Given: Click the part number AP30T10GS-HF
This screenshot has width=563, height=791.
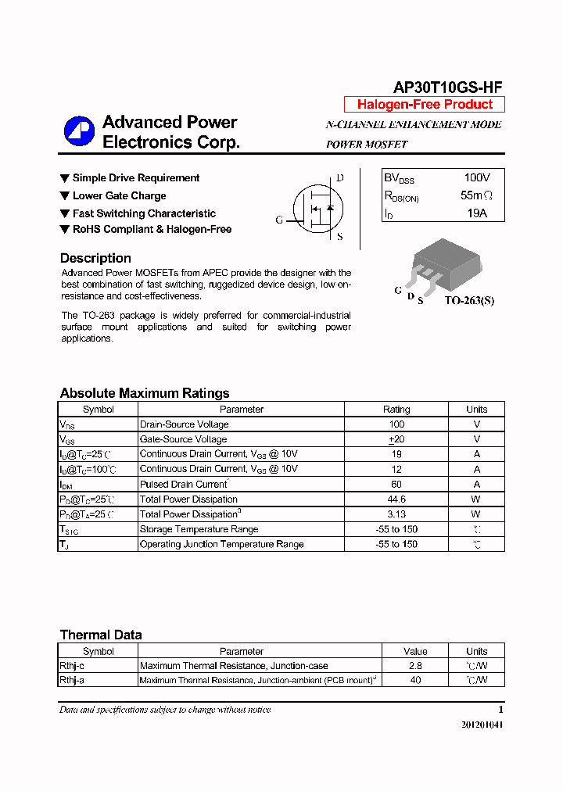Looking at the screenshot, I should click(447, 88).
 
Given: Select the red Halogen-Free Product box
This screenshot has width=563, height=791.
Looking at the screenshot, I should click(425, 105).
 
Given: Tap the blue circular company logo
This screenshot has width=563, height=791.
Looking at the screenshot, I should click(79, 131).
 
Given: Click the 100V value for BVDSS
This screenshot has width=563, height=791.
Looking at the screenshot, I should click(476, 178).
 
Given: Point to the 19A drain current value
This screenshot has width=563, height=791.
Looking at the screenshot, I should click(476, 213).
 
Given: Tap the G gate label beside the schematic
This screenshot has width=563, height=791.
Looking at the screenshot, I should click(279, 220).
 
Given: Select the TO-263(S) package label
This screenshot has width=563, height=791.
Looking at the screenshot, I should click(469, 300).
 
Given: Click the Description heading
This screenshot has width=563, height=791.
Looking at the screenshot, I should click(95, 258).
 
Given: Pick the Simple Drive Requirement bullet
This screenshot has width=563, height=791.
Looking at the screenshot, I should click(135, 178).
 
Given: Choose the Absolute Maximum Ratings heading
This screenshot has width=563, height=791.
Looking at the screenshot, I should click(145, 393).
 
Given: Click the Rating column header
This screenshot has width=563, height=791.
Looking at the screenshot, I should click(396, 409).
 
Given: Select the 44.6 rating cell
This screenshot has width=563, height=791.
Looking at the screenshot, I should click(396, 499).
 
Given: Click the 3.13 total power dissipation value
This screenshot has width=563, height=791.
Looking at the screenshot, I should click(396, 514).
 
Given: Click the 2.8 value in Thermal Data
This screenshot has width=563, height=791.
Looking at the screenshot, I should click(415, 666).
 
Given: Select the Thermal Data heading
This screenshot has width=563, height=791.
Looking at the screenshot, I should click(101, 635).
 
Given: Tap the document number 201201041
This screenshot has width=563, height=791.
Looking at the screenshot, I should click(482, 725).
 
